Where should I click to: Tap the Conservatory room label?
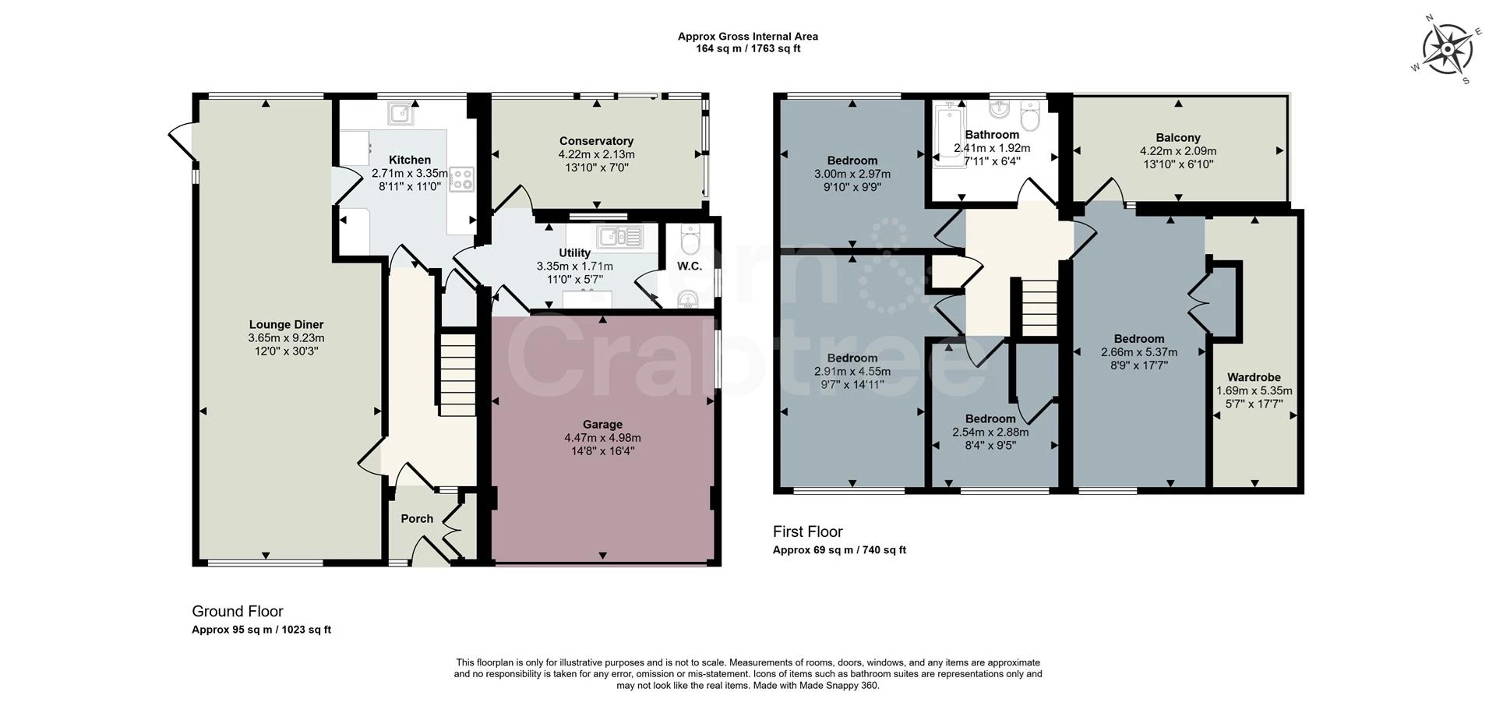tap(596, 141)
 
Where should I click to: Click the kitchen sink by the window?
tap(400, 114)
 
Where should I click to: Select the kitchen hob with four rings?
tap(461, 179)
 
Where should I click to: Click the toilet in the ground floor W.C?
tap(689, 241)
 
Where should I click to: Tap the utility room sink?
tap(620, 235)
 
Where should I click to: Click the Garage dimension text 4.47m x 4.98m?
tap(602, 438)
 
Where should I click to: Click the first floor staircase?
tap(1039, 308)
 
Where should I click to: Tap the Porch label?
tap(417, 519)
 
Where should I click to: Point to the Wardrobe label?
tap(1254, 377)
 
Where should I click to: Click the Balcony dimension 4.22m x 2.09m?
tap(1177, 151)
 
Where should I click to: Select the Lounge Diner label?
tap(286, 325)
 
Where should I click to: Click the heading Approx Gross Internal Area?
tap(747, 36)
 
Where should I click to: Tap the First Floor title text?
tap(807, 531)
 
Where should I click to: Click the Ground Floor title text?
tap(238, 611)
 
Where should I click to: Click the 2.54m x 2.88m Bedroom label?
tap(990, 419)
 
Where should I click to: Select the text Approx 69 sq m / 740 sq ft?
tap(839, 550)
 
